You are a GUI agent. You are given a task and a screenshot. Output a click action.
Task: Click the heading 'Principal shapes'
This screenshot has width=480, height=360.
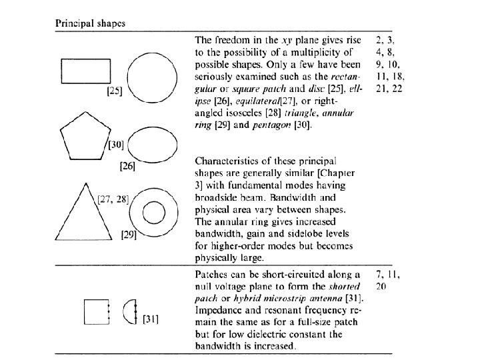pyautogui.click(x=91, y=23)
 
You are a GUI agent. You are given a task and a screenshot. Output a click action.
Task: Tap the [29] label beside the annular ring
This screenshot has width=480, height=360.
pyautogui.click(x=129, y=235)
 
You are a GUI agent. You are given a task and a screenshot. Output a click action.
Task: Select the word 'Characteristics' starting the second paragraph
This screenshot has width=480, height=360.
pyautogui.click(x=227, y=161)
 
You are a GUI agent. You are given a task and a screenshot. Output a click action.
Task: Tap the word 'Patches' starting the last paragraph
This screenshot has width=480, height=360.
pyautogui.click(x=211, y=275)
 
